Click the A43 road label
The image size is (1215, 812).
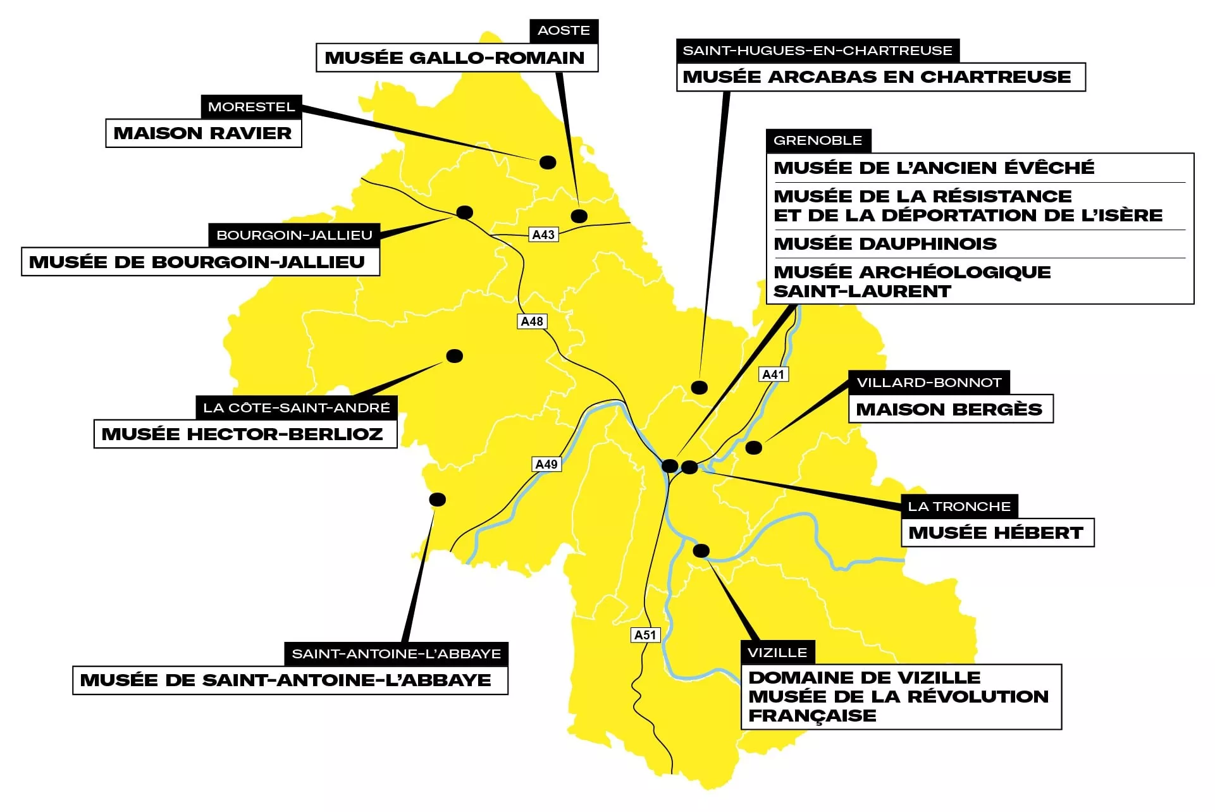543,235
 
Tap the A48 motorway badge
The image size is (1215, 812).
532,321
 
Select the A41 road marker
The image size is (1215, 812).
773,374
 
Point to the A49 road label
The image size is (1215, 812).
546,464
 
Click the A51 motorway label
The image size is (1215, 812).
645,635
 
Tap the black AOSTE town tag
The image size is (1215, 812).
564,30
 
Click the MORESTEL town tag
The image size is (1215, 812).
251,107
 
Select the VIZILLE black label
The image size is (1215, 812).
777,653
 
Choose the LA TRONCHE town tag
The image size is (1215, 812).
959,507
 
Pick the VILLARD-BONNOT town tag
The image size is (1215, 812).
928,383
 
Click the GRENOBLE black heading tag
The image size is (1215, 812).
818,140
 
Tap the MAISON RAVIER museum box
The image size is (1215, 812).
203,133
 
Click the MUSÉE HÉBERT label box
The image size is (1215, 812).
996,533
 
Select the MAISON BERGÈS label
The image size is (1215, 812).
949,409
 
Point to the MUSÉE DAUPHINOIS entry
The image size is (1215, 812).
885,243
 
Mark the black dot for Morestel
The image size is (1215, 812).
548,163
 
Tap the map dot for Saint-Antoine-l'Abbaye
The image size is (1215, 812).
437,500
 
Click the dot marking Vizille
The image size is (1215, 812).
701,551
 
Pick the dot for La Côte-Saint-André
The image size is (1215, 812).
454,356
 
